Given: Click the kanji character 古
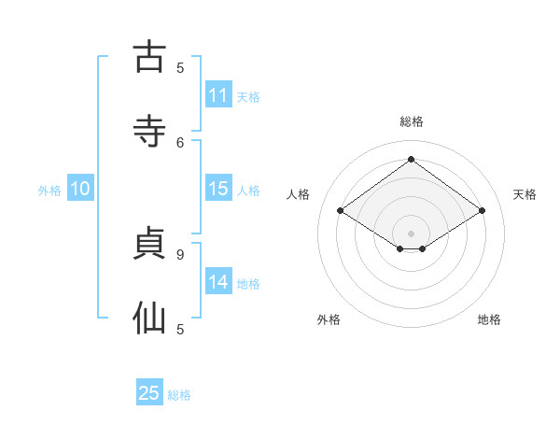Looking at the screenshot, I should tap(149, 57).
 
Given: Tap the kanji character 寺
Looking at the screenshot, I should tap(149, 131).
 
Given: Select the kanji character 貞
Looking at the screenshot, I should tap(149, 243).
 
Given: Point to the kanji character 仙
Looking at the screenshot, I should tap(149, 318).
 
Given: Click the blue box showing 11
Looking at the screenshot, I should tap(218, 95).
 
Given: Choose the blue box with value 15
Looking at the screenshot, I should tap(218, 189).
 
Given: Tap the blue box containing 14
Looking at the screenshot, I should tap(218, 282).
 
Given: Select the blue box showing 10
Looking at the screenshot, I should tap(80, 189).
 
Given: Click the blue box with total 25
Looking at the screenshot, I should tap(149, 393).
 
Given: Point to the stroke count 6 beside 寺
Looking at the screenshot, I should tap(180, 142).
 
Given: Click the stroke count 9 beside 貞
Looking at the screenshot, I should tap(180, 254).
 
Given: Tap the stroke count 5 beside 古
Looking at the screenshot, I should tap(180, 67).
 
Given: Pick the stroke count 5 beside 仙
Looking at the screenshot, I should tap(180, 329).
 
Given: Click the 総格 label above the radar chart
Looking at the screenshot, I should tap(411, 121).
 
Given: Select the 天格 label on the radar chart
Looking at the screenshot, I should tap(525, 194).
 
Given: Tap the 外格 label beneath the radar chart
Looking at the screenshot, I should tap(329, 319).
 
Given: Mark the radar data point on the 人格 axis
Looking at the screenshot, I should tap(341, 211).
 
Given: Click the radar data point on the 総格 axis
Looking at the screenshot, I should tap(411, 160).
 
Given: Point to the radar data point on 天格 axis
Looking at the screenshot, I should tap(482, 211).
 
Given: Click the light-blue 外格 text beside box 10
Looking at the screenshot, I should tap(49, 190).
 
